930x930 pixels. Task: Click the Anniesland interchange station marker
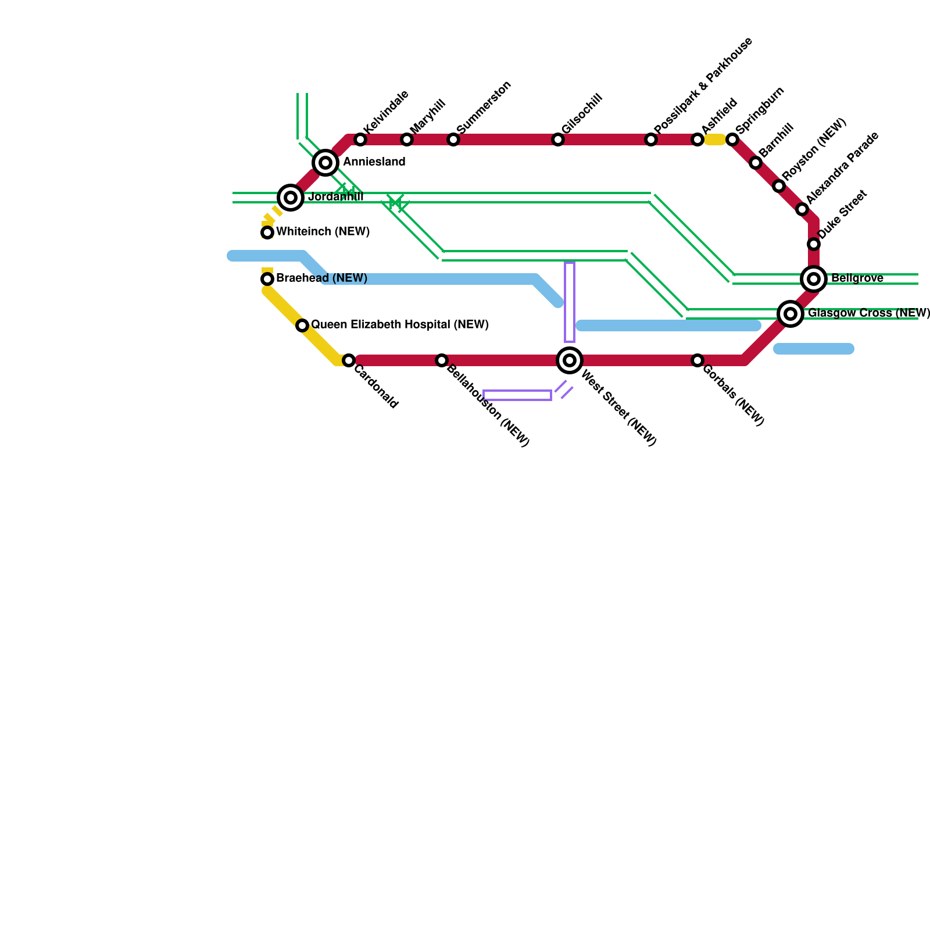[325, 163]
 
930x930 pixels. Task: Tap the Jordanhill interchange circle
[291, 198]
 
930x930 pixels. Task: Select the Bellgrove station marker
[814, 279]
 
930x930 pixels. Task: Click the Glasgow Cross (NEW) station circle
[791, 314]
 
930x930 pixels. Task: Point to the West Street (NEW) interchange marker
[570, 360]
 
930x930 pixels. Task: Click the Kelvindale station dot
[360, 139]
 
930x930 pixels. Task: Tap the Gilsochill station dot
[558, 139]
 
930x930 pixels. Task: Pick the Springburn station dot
[732, 139]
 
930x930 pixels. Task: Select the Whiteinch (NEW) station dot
[267, 233]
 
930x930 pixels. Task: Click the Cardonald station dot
[349, 360]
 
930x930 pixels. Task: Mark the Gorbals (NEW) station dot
[697, 360]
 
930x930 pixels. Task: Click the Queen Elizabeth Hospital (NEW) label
[399, 324]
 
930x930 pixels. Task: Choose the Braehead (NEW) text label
[321, 278]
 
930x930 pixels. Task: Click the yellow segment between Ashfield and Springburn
[715, 139]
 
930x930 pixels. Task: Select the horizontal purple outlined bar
[517, 395]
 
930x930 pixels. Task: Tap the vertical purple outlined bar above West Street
[570, 302]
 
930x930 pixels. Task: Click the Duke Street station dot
[814, 244]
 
